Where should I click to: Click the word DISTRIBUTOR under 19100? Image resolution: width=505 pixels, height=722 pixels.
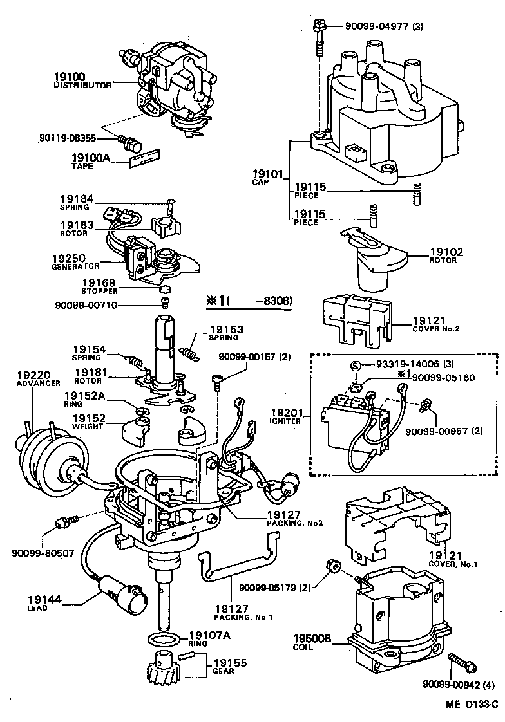click(x=82, y=85)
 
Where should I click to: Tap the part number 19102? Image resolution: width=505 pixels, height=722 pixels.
click(x=444, y=252)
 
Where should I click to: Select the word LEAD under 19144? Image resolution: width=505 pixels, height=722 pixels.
click(x=37, y=607)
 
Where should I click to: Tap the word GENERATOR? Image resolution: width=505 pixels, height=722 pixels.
click(x=75, y=266)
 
